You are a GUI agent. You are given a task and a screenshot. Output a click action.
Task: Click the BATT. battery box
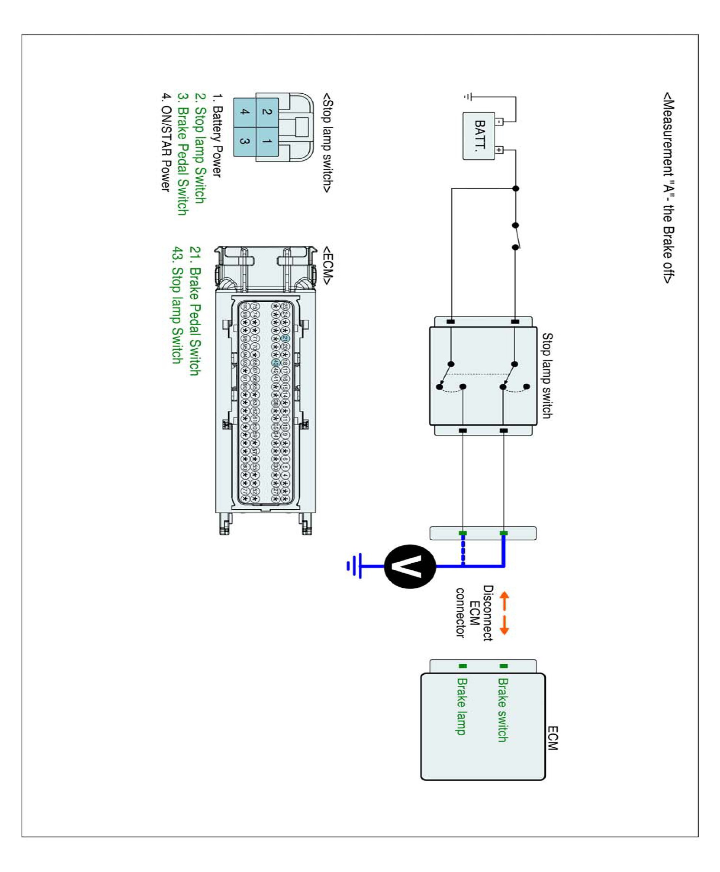(478, 136)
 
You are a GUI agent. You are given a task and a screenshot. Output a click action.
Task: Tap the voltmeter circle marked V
(410, 566)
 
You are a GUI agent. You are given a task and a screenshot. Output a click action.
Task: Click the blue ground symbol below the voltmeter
(354, 566)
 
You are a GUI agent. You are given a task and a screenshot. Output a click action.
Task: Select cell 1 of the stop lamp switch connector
(267, 141)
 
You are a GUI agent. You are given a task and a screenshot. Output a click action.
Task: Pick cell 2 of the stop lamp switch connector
(267, 112)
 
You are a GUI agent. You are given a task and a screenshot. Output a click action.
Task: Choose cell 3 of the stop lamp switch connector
(245, 141)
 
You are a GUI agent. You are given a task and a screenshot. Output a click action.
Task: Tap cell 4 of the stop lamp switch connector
(245, 112)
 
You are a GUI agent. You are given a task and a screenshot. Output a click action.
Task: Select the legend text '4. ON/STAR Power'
(166, 142)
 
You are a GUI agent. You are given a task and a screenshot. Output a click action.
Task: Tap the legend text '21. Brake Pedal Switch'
(195, 311)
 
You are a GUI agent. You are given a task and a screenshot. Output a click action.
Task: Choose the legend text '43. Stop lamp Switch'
(178, 305)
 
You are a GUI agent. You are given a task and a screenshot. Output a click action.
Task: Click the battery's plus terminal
(499, 150)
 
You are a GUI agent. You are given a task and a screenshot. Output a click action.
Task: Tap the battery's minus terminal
(499, 121)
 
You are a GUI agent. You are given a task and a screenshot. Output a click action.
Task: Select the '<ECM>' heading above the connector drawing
(328, 265)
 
